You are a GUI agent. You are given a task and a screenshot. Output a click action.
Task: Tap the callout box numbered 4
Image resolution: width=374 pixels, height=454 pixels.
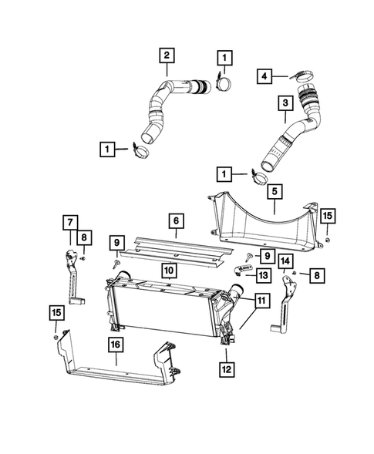pos(264,76)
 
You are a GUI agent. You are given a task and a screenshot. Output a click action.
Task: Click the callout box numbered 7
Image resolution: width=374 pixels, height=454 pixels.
pos(69,223)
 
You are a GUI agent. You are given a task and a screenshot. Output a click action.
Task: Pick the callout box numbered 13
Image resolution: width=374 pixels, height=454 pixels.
pos(263,274)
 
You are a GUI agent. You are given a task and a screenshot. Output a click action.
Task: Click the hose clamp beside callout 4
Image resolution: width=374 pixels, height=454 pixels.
pos(300,76)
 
